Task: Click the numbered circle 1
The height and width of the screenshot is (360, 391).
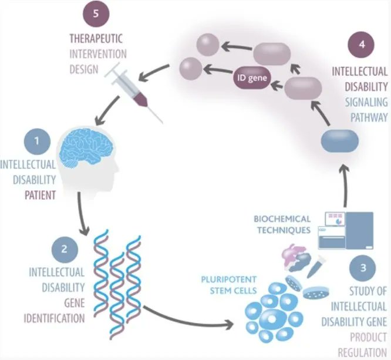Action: pyautogui.click(x=37, y=141)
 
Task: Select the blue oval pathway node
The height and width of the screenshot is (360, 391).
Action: pyautogui.click(x=342, y=143)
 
